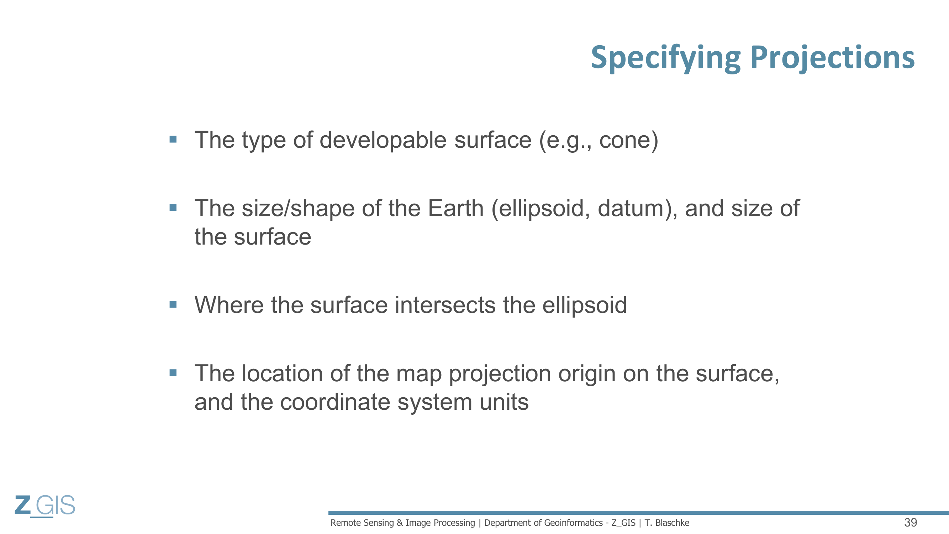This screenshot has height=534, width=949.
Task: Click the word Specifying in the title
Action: pos(666,58)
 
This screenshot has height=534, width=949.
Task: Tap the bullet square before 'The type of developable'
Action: pos(173,139)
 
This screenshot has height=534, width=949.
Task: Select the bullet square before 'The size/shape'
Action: pos(173,208)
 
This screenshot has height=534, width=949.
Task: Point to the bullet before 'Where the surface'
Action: pos(173,304)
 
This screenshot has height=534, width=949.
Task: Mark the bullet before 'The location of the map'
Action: pos(173,373)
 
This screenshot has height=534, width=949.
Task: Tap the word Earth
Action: pos(455,208)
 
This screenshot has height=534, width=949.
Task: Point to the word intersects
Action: pos(445,305)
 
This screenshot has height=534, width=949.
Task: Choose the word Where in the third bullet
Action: pos(229,305)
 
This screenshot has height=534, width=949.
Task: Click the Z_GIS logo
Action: pos(45,506)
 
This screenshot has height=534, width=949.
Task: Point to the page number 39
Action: pos(911,523)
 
